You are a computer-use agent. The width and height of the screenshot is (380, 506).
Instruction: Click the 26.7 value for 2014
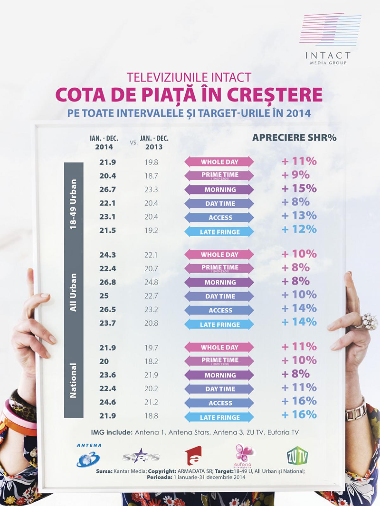coord(108,189)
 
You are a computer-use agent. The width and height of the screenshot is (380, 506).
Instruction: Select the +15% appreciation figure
coord(299,188)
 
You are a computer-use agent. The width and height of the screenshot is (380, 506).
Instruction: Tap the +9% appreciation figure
coord(295,175)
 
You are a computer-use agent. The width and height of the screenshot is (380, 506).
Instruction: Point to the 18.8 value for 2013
coord(151,416)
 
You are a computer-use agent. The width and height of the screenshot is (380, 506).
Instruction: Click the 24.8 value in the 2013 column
coord(151,282)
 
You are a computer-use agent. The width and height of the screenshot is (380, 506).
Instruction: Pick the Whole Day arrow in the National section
coord(219,347)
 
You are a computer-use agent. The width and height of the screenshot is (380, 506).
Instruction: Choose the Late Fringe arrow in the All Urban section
coord(219,324)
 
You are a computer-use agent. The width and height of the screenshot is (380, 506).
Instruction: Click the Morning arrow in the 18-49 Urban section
coord(219,189)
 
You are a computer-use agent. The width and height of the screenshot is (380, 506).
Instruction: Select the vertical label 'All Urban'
coord(73,293)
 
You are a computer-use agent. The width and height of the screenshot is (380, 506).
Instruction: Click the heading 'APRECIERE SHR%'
coord(294,138)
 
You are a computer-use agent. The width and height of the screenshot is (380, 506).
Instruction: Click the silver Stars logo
coord(141,457)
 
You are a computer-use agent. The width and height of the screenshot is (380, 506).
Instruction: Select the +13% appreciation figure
coord(299,216)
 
